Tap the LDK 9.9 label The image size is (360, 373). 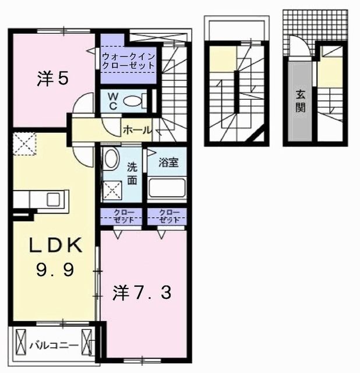(x=54, y=259)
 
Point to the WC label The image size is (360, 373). (x=113, y=100)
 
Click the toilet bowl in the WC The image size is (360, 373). (x=133, y=101)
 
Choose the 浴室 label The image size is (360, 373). (x=169, y=163)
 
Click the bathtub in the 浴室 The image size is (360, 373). (x=167, y=188)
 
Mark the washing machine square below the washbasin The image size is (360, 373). (x=111, y=189)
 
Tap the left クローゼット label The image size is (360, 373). (x=121, y=216)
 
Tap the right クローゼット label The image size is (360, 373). (x=167, y=216)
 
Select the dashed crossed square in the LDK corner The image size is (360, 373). (x=24, y=143)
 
